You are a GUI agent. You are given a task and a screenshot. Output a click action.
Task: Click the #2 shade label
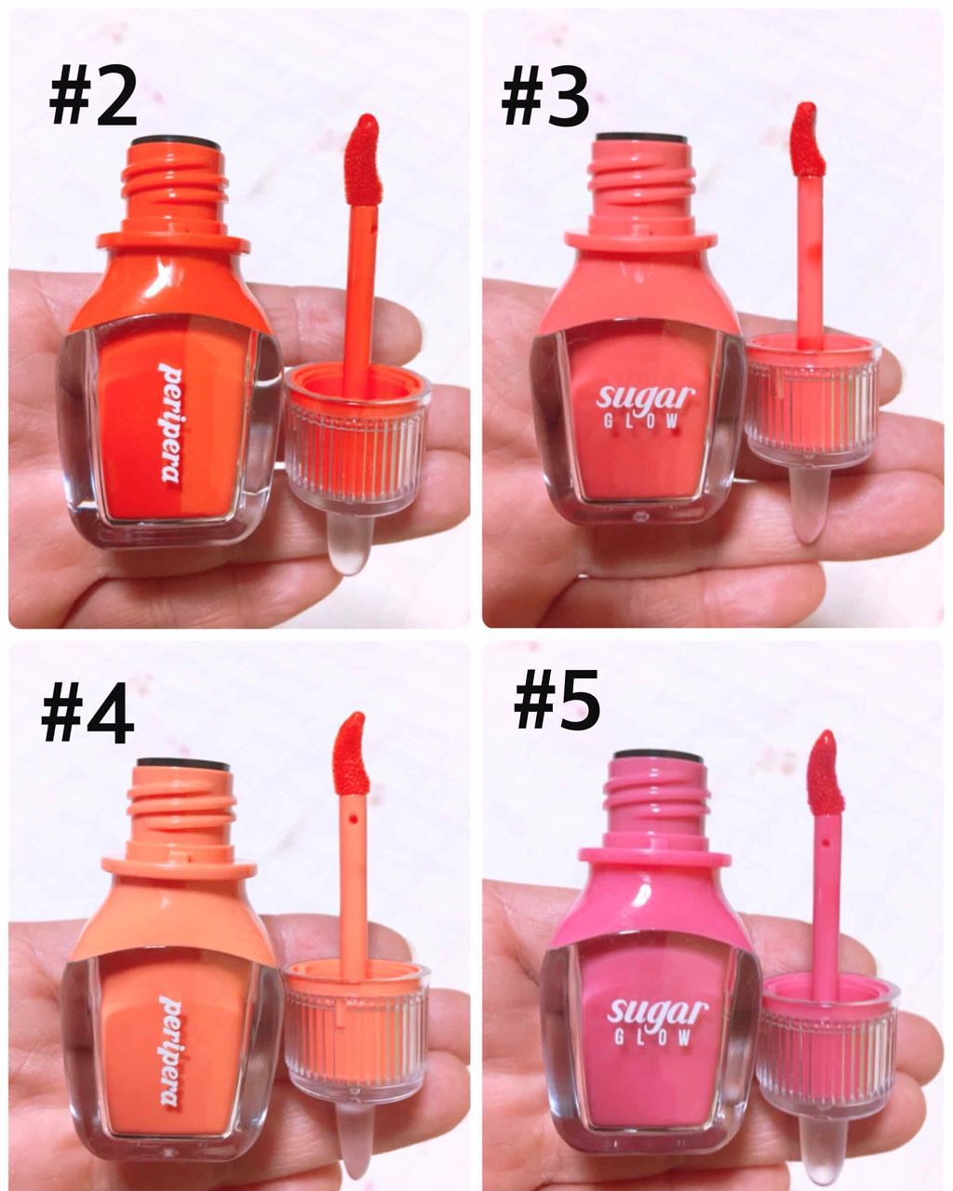pos(92,98)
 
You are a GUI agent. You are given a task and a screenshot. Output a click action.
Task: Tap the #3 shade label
pos(544,98)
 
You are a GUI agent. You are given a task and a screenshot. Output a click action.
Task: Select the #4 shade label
pos(87,713)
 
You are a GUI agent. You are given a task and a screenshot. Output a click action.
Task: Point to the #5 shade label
pos(557,699)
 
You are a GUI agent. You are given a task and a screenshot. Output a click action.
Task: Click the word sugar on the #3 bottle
pos(645,396)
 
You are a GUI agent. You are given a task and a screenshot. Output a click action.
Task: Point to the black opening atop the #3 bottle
pos(643,137)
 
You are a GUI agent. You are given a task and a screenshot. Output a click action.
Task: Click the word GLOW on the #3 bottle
pos(641,422)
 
